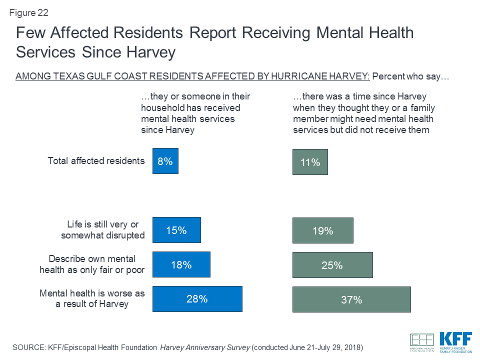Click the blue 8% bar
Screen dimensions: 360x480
tap(165, 161)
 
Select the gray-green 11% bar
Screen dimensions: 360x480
tap(310, 162)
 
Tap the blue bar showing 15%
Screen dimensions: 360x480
tap(176, 230)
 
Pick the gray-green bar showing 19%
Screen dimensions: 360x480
tap(322, 230)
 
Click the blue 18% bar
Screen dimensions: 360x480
tap(181, 264)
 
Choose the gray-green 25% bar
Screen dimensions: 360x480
tap(332, 265)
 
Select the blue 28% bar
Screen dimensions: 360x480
tap(197, 299)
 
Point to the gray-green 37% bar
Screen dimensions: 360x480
tap(351, 299)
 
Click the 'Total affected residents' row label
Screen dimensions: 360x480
tap(96, 161)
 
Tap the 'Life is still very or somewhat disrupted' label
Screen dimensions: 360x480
tap(102, 230)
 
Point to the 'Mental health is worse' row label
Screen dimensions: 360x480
tap(92, 298)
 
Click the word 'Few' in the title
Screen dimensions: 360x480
tap(31, 33)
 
